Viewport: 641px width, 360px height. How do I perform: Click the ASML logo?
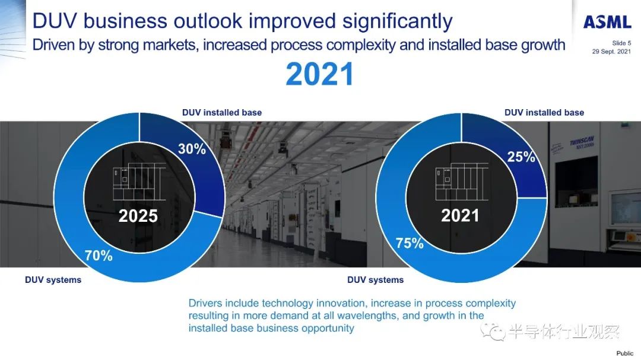(607, 22)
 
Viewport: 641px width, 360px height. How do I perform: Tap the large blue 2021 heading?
(320, 74)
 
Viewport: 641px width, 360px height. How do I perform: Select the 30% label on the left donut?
(192, 149)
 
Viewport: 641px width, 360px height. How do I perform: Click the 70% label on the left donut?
(99, 256)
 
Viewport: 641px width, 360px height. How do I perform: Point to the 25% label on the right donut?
(521, 157)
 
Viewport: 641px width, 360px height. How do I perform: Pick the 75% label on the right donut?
(410, 243)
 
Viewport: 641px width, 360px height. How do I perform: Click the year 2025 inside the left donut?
(138, 216)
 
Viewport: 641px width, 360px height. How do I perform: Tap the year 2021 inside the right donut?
(460, 215)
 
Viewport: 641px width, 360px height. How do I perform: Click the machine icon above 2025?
(139, 182)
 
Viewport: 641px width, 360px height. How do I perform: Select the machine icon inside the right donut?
(462, 182)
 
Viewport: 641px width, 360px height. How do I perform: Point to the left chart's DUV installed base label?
(222, 112)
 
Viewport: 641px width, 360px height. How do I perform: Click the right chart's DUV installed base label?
(544, 112)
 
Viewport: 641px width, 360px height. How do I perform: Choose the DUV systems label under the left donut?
(53, 280)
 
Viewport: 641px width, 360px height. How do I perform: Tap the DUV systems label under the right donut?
(375, 280)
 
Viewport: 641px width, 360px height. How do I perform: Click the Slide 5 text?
(621, 43)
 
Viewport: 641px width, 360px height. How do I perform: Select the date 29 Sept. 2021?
(611, 52)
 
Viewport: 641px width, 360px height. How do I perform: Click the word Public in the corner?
(625, 353)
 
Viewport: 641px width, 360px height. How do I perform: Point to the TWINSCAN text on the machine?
(582, 141)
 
